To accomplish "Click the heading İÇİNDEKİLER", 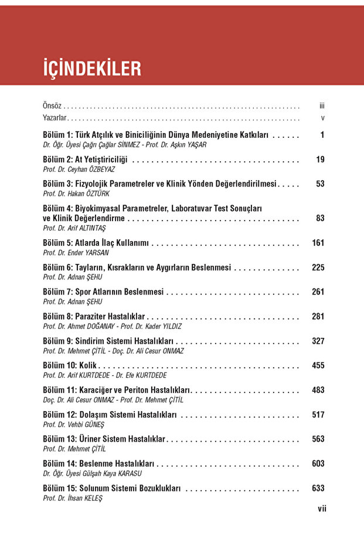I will tap(92, 68).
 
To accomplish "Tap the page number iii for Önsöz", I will tap(322, 106).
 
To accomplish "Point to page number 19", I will tap(320, 160).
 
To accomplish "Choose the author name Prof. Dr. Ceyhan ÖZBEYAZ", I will tap(74, 169).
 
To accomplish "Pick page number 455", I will tap(318, 365).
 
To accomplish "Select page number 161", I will tap(318, 243).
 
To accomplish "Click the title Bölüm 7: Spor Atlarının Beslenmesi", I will tap(104, 292).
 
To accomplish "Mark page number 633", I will tap(318, 488).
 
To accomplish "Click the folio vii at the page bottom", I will tap(322, 508).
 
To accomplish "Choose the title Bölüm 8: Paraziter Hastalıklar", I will tap(94, 317).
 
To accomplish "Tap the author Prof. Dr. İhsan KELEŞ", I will tap(72, 498).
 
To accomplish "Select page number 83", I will tap(320, 218).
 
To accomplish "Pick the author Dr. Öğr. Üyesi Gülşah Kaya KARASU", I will tap(92, 473).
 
